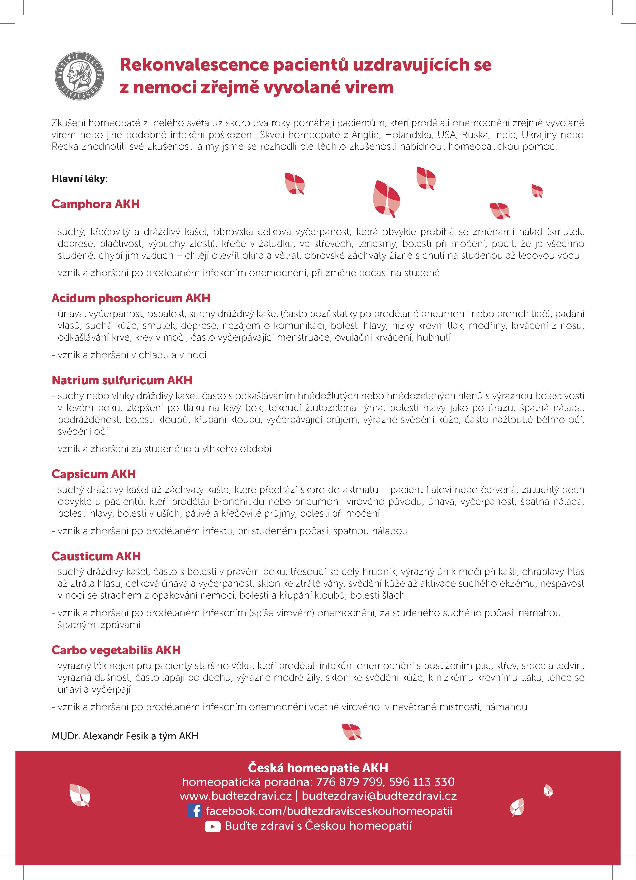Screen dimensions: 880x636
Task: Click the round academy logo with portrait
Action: click(x=79, y=76)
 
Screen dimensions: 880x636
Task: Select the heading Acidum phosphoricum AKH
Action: click(x=131, y=298)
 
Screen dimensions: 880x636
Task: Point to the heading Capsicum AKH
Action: click(x=94, y=474)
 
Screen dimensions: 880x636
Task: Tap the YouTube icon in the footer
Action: click(x=212, y=827)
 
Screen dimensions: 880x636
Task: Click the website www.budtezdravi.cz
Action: click(x=236, y=796)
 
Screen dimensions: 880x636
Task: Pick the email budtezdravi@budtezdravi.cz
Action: click(x=379, y=796)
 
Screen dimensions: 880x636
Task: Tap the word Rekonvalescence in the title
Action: click(x=194, y=65)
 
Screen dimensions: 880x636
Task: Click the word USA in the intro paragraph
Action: click(x=447, y=135)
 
